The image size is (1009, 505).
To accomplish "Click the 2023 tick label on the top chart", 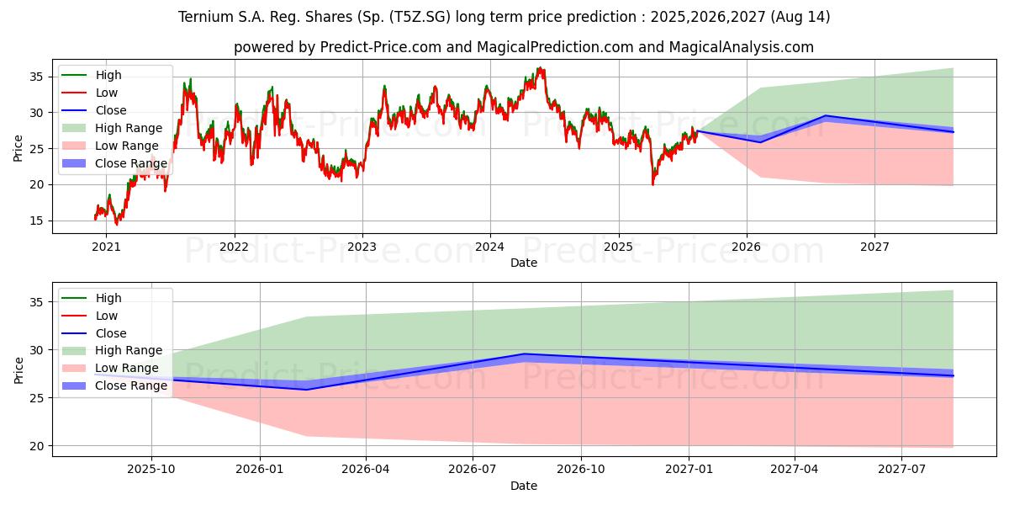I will (362, 247).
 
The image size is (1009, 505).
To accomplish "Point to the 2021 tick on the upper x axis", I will (106, 247).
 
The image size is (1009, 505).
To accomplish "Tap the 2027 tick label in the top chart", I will (874, 247).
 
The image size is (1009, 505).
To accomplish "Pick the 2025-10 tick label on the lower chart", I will (151, 470).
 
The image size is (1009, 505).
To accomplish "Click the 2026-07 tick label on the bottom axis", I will (473, 470).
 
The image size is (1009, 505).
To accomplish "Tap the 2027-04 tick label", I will (795, 470).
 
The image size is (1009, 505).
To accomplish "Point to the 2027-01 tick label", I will (689, 470).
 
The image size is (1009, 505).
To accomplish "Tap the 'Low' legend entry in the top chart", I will (107, 93).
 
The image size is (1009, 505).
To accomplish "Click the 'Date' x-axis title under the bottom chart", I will (523, 486).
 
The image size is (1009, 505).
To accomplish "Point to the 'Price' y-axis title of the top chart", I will (18, 148).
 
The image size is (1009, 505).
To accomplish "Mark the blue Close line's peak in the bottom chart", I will (524, 354).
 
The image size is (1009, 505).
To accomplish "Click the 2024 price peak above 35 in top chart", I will (540, 68).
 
